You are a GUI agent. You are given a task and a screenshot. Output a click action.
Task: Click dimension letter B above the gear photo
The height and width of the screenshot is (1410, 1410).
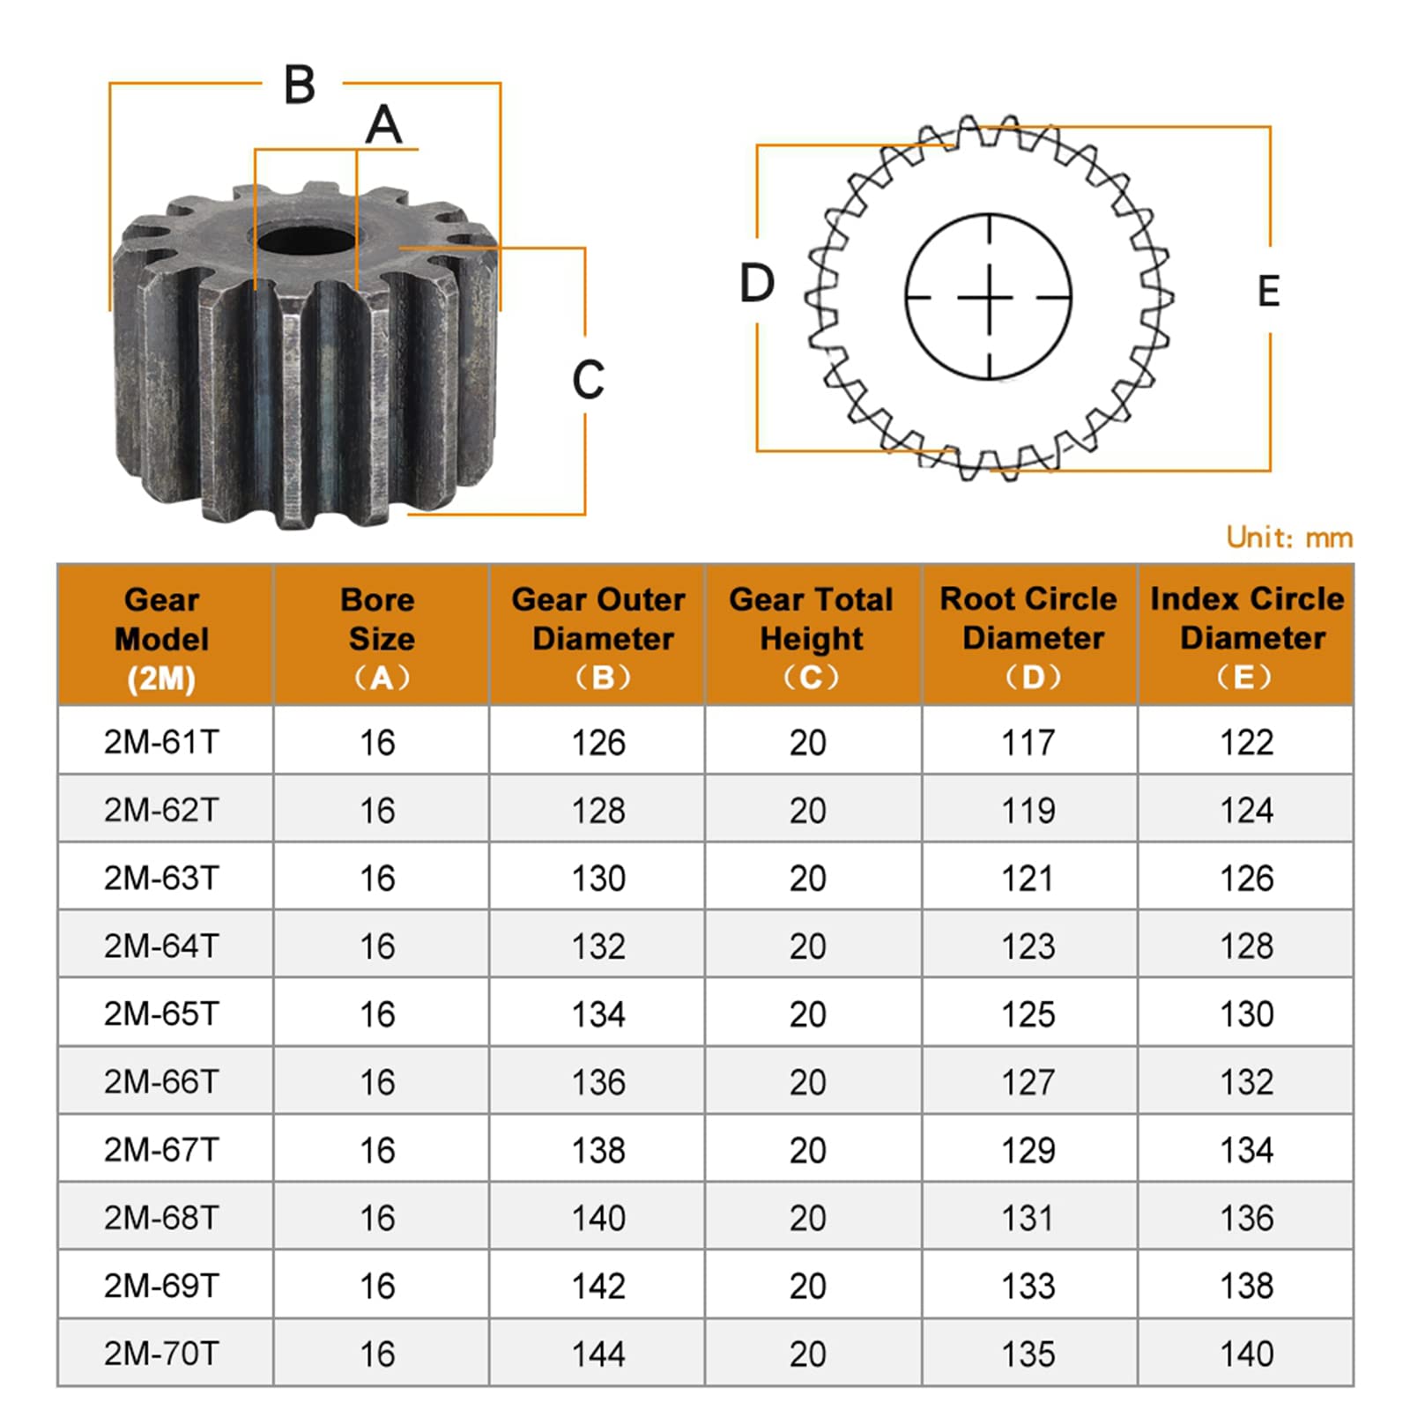pyautogui.click(x=300, y=85)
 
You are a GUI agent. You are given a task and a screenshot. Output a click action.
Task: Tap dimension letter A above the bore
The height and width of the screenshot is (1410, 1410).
pyautogui.click(x=383, y=125)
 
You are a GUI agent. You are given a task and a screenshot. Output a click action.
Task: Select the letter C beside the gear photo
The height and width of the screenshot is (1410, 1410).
pyautogui.click(x=588, y=380)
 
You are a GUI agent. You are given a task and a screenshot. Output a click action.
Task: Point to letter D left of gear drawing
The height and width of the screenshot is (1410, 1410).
pyautogui.click(x=757, y=284)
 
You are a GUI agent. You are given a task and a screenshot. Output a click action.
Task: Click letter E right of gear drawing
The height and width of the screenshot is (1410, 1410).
pyautogui.click(x=1268, y=292)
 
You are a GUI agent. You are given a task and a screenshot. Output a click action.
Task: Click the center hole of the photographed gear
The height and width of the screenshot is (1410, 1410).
pyautogui.click(x=306, y=240)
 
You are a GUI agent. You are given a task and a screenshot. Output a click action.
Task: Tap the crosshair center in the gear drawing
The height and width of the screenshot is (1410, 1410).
pyautogui.click(x=989, y=298)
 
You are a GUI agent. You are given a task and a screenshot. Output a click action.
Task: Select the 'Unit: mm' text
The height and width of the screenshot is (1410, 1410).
pyautogui.click(x=1288, y=538)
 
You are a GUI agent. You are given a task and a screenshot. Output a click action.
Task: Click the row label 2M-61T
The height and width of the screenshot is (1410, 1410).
pyautogui.click(x=161, y=742)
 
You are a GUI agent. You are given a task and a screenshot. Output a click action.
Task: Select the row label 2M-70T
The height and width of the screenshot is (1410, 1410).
pyautogui.click(x=161, y=1353)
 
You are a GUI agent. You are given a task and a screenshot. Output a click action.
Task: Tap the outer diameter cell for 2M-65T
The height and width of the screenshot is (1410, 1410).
pyautogui.click(x=598, y=1013)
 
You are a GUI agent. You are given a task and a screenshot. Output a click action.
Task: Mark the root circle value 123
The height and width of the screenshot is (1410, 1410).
pyautogui.click(x=1028, y=946)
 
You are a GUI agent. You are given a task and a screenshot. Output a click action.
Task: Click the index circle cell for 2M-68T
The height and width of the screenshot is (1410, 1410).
pyautogui.click(x=1246, y=1218)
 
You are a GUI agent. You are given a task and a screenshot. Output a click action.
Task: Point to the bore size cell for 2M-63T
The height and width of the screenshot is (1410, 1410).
pyautogui.click(x=377, y=878)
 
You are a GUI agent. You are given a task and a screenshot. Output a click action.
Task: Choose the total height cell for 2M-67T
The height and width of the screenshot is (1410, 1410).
pyautogui.click(x=807, y=1150)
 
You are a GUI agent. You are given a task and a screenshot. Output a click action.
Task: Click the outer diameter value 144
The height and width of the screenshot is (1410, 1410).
pyautogui.click(x=598, y=1354)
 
